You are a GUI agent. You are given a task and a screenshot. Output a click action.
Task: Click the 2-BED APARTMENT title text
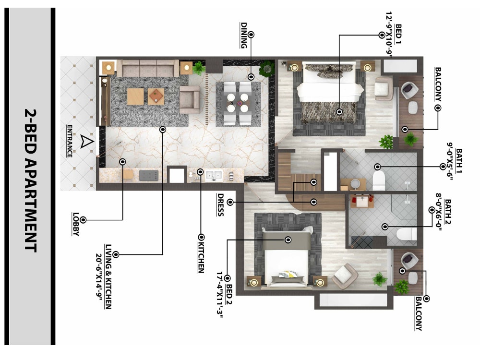point(30,180)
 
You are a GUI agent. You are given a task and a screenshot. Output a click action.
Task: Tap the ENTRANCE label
point(70,141)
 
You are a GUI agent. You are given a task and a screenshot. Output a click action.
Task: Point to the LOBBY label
point(75,224)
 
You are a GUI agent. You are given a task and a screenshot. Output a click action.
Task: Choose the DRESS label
point(220,204)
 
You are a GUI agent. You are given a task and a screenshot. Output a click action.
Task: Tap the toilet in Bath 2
point(405,234)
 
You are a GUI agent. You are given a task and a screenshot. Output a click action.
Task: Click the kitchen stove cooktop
point(149,175)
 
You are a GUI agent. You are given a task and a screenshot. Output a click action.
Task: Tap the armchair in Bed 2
point(344,276)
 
